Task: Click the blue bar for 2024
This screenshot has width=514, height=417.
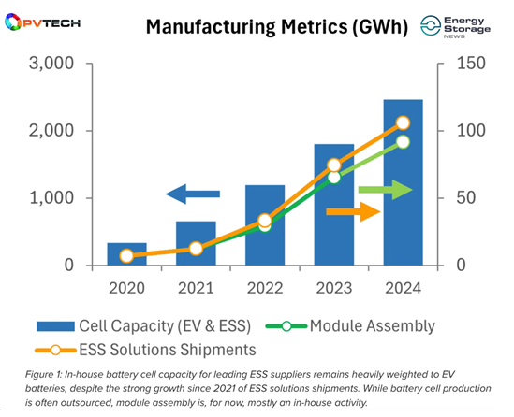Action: pyautogui.click(x=403, y=182)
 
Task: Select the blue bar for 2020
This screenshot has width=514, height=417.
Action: pyautogui.click(x=126, y=253)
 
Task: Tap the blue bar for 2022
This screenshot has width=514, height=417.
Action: pyautogui.click(x=265, y=225)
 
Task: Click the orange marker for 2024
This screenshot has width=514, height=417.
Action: pyautogui.click(x=403, y=122)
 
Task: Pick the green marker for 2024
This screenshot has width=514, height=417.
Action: pyautogui.click(x=403, y=142)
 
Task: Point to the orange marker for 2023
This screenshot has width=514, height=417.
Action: pyautogui.click(x=334, y=165)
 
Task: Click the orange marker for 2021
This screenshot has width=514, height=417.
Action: pyautogui.click(x=196, y=249)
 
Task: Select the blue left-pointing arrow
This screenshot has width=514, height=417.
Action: pyautogui.click(x=193, y=194)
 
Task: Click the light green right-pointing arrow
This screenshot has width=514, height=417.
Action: pyautogui.click(x=386, y=190)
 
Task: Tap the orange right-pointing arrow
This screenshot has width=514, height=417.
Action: pyautogui.click(x=353, y=212)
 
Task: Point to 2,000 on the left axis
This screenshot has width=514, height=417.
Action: pyautogui.click(x=51, y=131)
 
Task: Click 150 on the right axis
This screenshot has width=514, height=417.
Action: pyautogui.click(x=471, y=64)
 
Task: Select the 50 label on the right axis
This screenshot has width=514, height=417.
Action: pyautogui.click(x=466, y=198)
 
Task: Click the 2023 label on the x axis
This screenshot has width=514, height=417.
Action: pyautogui.click(x=334, y=288)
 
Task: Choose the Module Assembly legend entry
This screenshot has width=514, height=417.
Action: pyautogui.click(x=350, y=326)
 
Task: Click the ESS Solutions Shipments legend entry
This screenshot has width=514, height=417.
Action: pyautogui.click(x=145, y=350)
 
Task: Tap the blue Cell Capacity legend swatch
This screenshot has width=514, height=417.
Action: pyautogui.click(x=55, y=326)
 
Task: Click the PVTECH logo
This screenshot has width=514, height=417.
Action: pyautogui.click(x=43, y=22)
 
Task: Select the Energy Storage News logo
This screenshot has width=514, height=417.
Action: pyautogui.click(x=456, y=27)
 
